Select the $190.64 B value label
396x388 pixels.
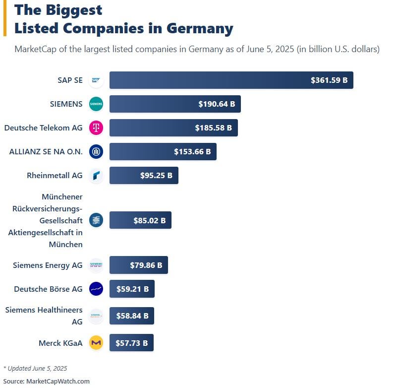click(x=217, y=104)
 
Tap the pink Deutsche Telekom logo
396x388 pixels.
click(x=96, y=128)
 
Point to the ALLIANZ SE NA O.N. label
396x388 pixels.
click(x=46, y=152)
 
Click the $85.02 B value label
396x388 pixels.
click(x=149, y=220)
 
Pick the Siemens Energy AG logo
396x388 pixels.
click(x=96, y=265)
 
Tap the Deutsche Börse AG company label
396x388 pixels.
click(x=48, y=289)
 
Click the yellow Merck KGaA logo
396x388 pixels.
click(x=96, y=343)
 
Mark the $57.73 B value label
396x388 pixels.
click(x=131, y=343)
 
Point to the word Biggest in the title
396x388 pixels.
click(x=74, y=9)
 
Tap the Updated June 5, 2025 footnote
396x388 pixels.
click(x=35, y=369)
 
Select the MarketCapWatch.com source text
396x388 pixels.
click(x=57, y=381)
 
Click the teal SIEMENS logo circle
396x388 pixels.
click(x=96, y=104)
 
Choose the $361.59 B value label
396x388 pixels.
click(x=329, y=80)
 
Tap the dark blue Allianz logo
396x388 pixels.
click(x=96, y=152)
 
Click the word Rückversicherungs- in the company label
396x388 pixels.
click(x=48, y=208)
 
